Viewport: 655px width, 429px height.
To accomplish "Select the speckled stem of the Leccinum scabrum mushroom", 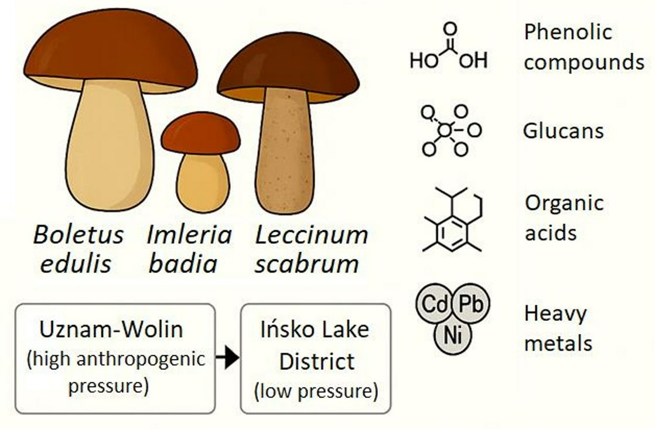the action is [288, 152].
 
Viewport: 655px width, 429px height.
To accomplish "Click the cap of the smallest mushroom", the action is [200, 132].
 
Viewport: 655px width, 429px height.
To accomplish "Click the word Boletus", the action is [78, 235].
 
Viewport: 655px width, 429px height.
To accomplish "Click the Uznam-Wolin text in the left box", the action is [111, 329].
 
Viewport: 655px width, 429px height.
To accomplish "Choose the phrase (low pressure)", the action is [316, 391].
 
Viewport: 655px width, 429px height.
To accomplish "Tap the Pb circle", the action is [470, 304].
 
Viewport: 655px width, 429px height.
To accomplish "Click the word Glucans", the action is [563, 130].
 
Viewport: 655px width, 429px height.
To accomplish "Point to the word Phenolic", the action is [567, 32].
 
